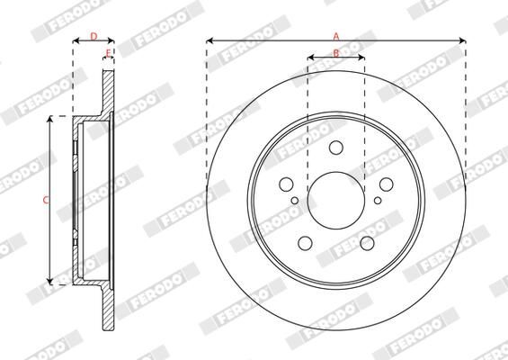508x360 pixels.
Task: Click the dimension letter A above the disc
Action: click(336, 36)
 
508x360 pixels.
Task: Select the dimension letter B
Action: click(336, 52)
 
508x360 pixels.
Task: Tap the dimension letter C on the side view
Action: click(45, 201)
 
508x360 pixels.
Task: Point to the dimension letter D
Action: click(94, 36)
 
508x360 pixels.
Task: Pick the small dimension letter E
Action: click(108, 54)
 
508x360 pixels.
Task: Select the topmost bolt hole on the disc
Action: click(336, 149)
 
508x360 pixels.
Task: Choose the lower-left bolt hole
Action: click(306, 243)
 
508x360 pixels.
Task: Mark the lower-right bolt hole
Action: click(367, 243)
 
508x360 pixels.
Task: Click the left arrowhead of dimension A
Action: click(209, 40)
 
